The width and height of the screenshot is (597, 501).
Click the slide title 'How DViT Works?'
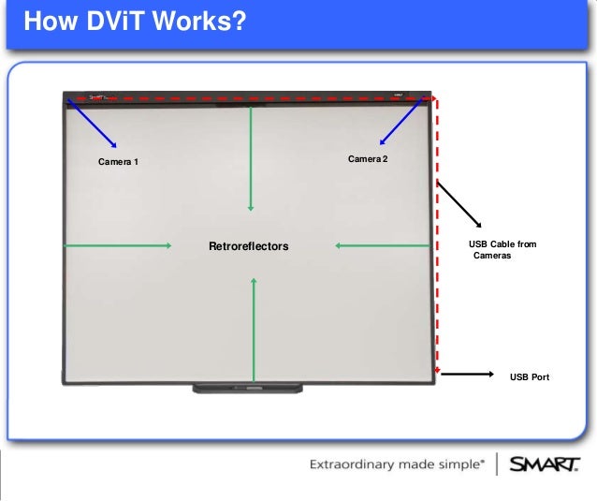134,20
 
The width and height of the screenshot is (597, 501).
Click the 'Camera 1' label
118,162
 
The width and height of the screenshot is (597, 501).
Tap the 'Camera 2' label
368,159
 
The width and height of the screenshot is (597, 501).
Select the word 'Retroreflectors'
248,246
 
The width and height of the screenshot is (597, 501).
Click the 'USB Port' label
529,377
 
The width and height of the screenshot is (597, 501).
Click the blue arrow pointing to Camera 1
92,123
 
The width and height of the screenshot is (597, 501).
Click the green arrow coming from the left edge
117,245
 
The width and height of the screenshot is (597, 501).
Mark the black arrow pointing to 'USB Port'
466,375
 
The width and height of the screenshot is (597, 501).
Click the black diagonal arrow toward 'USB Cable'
459,203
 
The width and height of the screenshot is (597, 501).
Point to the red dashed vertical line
437,234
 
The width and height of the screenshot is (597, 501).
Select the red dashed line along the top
253,97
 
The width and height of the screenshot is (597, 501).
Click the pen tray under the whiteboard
248,387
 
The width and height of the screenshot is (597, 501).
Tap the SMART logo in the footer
545,464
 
